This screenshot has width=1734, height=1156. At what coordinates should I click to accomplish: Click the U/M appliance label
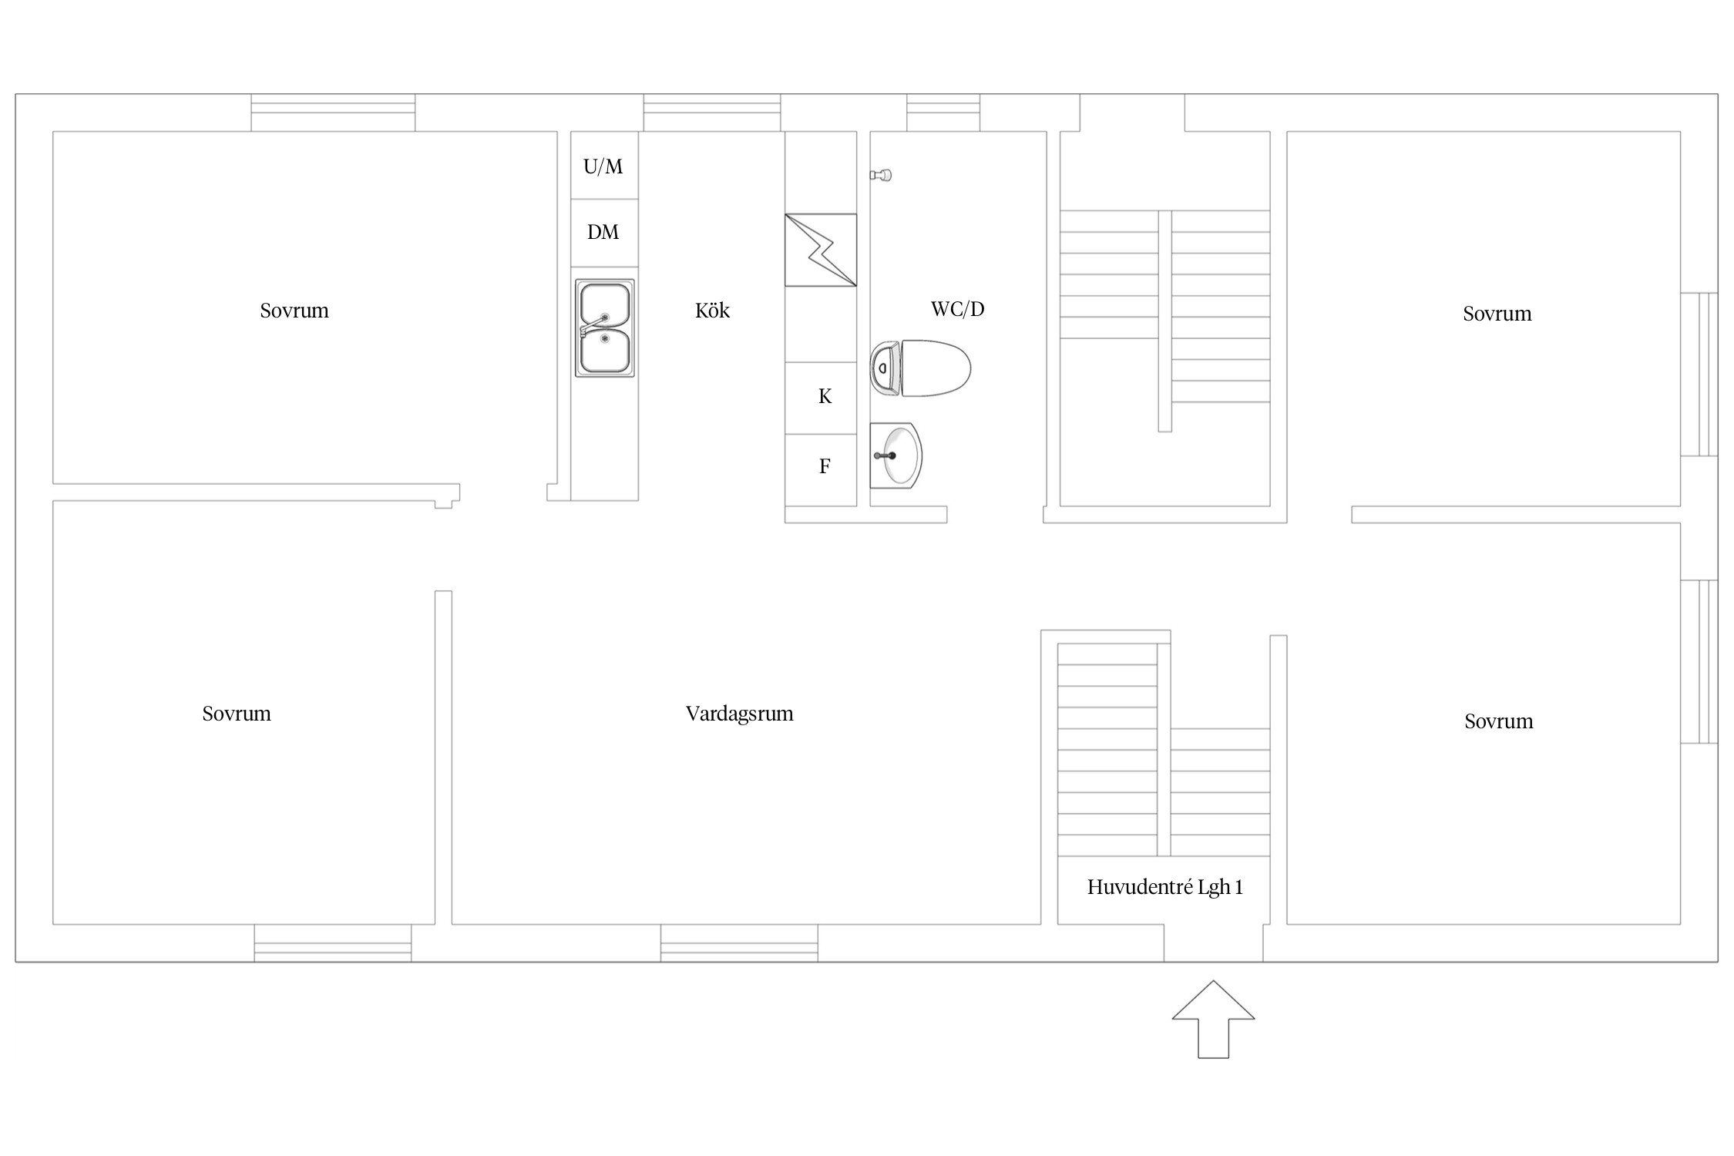coord(603,166)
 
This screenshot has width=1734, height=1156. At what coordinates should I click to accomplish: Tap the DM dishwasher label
coord(603,232)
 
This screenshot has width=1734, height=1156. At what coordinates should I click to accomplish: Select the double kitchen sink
coord(605,328)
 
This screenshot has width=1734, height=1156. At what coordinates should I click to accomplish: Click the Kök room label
coord(712,310)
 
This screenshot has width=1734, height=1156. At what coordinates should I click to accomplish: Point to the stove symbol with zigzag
coord(821,250)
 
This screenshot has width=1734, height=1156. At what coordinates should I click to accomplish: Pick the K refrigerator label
coord(825,396)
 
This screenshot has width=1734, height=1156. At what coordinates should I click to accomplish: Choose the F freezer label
coord(825,466)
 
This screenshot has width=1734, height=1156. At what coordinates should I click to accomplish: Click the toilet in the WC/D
coord(920,368)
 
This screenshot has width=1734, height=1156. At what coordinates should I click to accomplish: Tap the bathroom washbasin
coord(896,455)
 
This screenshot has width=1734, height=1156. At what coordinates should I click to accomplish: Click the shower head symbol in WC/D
coord(881,176)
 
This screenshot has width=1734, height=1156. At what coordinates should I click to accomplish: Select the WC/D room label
coord(957,309)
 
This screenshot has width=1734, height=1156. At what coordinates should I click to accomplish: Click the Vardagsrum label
coord(739,714)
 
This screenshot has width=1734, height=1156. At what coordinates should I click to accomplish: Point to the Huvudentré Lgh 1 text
coord(1164,887)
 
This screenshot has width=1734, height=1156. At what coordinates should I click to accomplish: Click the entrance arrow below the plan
coord(1213,1020)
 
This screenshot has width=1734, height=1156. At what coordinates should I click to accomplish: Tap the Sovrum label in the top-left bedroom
coord(294,311)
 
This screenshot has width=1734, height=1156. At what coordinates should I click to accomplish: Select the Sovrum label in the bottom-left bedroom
coord(237,714)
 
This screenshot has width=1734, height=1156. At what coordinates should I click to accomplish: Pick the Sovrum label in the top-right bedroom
coord(1497,314)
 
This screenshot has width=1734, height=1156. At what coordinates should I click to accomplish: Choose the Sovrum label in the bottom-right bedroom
coord(1498,721)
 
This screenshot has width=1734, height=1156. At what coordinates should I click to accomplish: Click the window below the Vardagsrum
coord(739,943)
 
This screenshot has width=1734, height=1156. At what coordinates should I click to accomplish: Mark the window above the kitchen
coord(712,113)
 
